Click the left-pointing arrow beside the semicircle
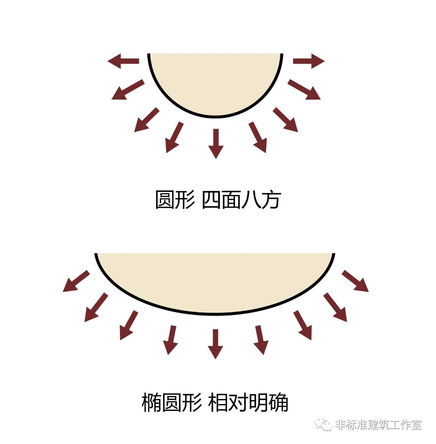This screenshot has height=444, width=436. [123, 61]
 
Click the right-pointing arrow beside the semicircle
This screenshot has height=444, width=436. [309, 61]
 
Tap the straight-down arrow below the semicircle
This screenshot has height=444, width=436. [216, 143]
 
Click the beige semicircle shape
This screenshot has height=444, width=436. [215, 82]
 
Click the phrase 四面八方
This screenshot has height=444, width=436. [241, 200]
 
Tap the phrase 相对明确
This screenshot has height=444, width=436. [248, 403]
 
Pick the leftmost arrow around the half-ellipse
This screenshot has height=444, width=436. [76, 281]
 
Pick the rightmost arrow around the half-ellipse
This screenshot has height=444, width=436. [355, 281]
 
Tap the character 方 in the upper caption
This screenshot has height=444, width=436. [270, 200]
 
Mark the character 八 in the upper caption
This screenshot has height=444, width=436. [251, 200]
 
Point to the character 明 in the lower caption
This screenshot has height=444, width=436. [259, 403]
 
